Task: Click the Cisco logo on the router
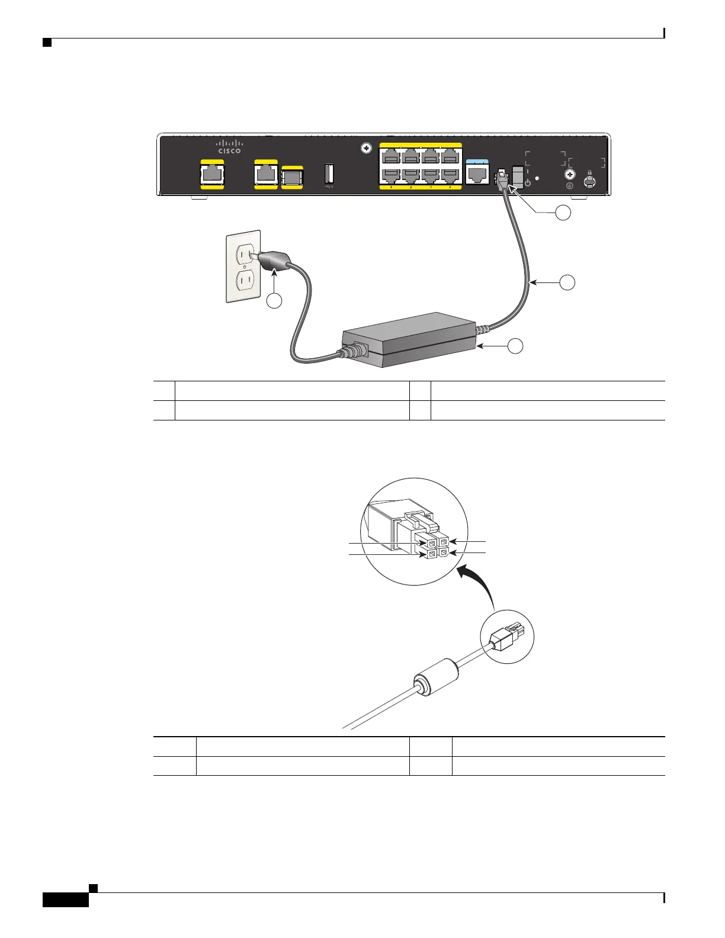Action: (229, 146)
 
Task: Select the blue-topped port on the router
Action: (477, 172)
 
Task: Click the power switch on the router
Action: (518, 175)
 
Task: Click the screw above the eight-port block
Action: (366, 149)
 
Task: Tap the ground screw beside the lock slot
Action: (570, 175)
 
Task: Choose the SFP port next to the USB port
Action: (292, 177)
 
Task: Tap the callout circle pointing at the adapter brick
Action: (516, 346)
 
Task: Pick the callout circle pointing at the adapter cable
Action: (567, 282)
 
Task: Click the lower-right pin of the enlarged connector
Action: (444, 554)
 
